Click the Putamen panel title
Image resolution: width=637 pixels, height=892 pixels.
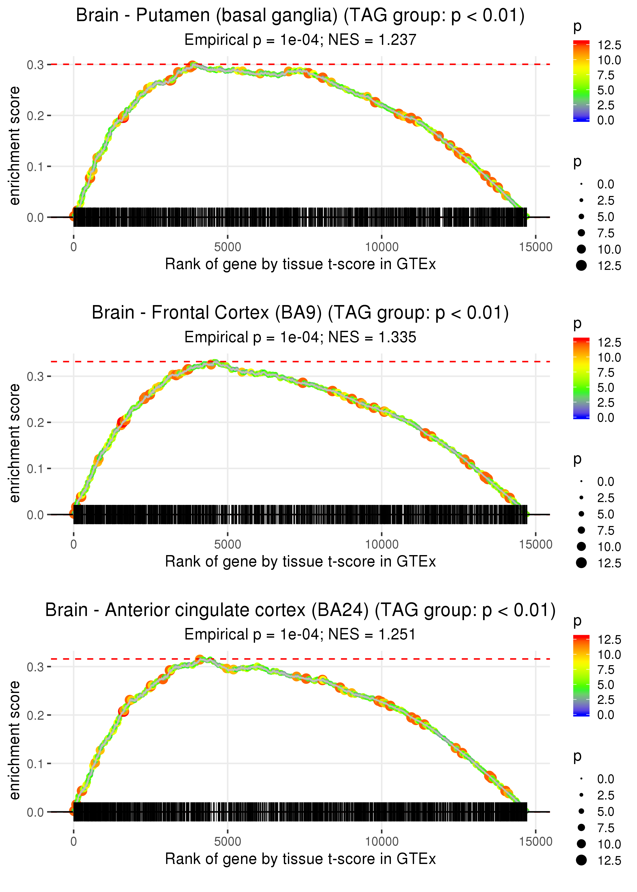click(300, 16)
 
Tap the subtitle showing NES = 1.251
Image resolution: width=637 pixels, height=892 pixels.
click(300, 634)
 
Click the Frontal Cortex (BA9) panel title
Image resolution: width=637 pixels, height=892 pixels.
click(300, 313)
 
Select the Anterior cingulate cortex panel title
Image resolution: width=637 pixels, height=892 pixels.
click(300, 610)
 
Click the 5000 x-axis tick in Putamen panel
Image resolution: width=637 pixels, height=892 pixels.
click(228, 247)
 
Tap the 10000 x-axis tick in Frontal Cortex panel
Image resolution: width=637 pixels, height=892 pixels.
click(382, 544)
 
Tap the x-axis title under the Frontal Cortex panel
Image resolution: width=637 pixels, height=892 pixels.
click(300, 561)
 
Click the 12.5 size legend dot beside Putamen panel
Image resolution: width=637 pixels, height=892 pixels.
click(581, 266)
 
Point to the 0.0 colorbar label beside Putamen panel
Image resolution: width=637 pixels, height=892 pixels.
click(606, 121)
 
